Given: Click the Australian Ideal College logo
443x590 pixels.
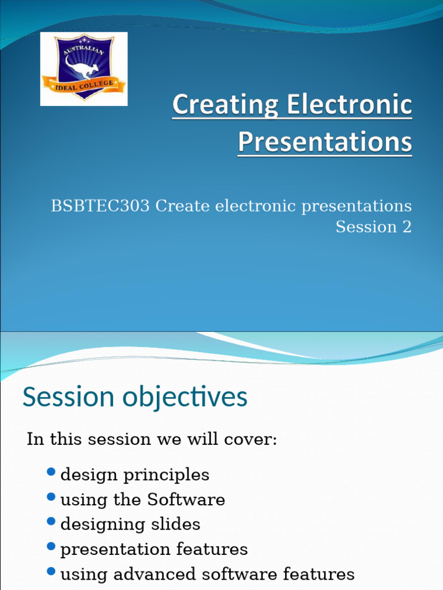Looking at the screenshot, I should coord(84,69).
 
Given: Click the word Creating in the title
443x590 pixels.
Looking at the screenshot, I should coord(217,106).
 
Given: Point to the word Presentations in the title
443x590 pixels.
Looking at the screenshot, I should coord(325,142).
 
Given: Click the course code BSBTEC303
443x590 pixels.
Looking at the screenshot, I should coord(101,206).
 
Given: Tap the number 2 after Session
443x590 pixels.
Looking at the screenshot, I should coord(407,227).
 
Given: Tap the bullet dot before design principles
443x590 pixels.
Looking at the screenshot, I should coord(51,473).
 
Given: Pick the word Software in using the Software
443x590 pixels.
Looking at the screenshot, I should coord(186,500).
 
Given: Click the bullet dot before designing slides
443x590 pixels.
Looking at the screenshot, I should coord(51,521).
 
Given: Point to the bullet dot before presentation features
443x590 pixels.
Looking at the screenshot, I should coord(51,546).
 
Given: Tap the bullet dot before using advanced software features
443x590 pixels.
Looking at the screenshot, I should coord(51,572).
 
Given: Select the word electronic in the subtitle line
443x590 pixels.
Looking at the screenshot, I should coord(256,206).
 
